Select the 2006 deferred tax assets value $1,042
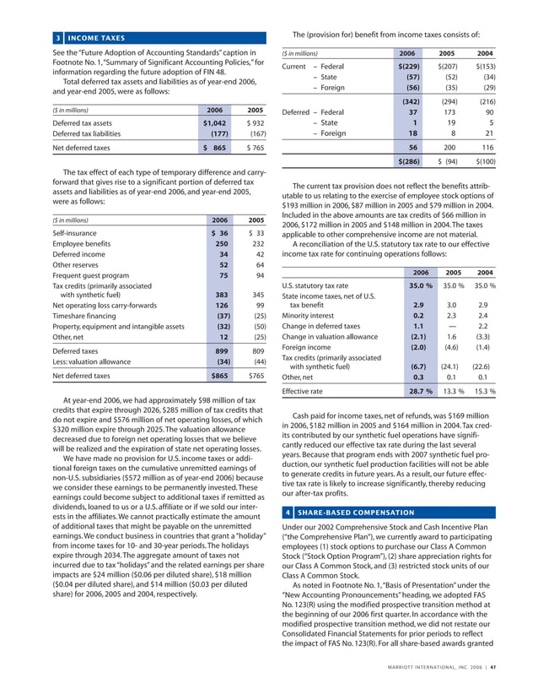[x=213, y=122]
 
